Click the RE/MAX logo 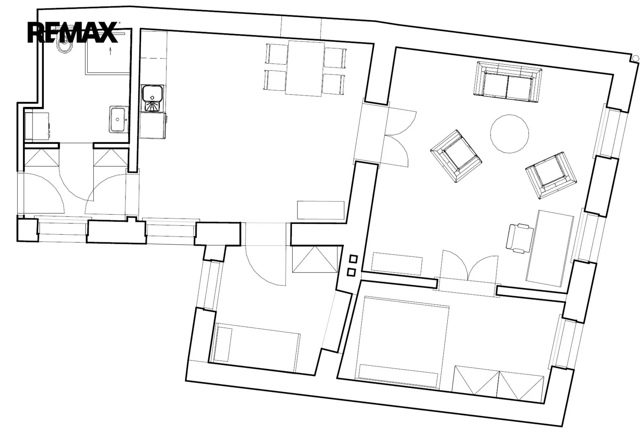73,32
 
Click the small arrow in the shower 110,51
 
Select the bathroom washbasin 118,119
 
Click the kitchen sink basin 153,94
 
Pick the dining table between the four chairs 305,68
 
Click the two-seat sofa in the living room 507,82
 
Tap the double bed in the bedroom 402,342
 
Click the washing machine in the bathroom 37,126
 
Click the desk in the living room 549,248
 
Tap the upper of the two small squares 353,259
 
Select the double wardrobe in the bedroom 498,384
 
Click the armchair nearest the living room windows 551,175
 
